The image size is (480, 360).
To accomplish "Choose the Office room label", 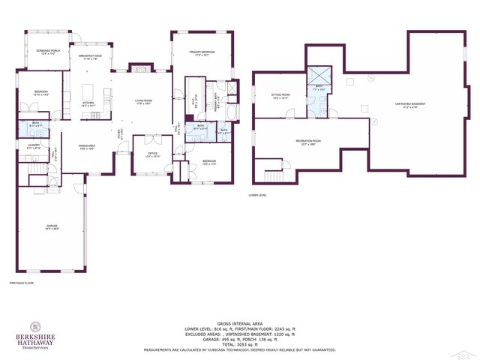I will point(152,155).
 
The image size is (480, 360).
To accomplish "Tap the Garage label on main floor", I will point(52,227).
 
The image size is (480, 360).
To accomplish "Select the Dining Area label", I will point(87,146).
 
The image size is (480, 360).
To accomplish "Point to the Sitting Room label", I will point(280,96).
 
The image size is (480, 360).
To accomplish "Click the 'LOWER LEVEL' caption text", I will point(257,195).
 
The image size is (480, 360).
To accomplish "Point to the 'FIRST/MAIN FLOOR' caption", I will point(22,283).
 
